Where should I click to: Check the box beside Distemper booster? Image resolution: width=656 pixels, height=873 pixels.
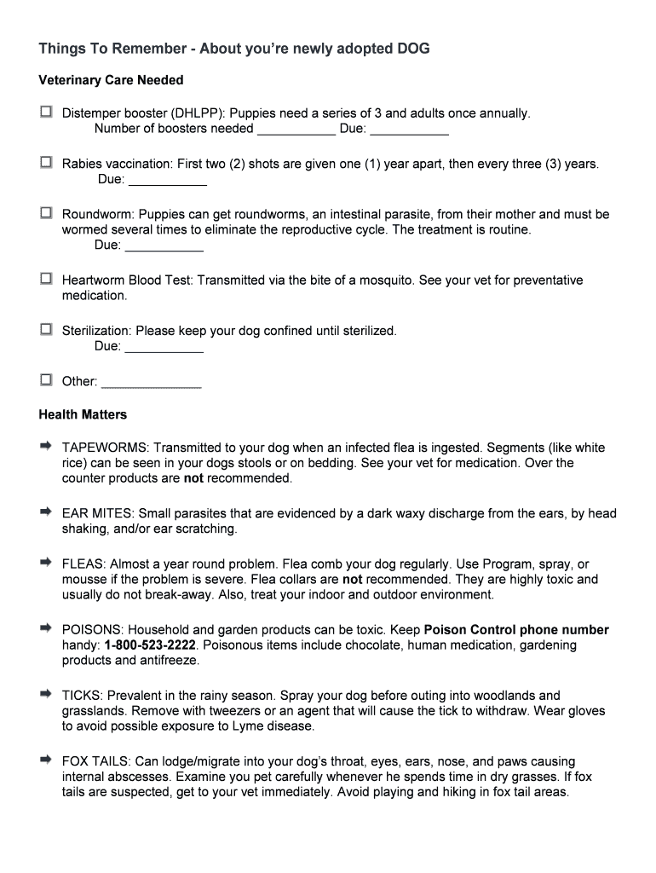pyautogui.click(x=45, y=112)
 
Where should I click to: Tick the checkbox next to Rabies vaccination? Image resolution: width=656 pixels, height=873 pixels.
pyautogui.click(x=45, y=162)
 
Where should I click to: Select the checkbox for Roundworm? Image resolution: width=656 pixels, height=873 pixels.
pyautogui.click(x=45, y=213)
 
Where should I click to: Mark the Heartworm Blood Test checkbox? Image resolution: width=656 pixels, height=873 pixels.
pyautogui.click(x=45, y=279)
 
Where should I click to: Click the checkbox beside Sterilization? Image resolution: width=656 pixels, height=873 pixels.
pyautogui.click(x=45, y=329)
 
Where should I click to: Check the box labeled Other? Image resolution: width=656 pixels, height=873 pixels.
pyautogui.click(x=45, y=379)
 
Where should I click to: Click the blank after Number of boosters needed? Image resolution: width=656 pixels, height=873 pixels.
pyautogui.click(x=296, y=129)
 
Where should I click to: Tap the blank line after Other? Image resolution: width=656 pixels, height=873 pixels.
pyautogui.click(x=151, y=382)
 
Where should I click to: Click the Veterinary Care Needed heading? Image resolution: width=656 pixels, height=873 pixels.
pyautogui.click(x=111, y=80)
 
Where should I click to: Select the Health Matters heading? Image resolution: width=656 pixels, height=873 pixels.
pyautogui.click(x=83, y=414)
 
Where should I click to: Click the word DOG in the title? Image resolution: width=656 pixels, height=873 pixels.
pyautogui.click(x=412, y=49)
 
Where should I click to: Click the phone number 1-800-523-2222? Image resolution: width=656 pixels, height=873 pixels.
pyautogui.click(x=151, y=645)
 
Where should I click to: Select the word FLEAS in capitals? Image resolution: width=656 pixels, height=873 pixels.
pyautogui.click(x=82, y=564)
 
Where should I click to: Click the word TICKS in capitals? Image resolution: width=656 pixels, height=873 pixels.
pyautogui.click(x=81, y=696)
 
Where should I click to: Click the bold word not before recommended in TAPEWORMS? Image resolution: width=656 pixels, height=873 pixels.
pyautogui.click(x=193, y=478)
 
